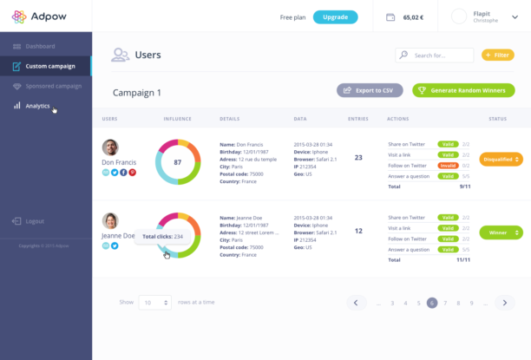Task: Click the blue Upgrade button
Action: (335, 16)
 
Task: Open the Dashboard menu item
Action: (40, 46)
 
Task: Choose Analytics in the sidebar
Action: (37, 106)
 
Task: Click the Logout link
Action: (35, 221)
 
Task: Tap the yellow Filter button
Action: (497, 56)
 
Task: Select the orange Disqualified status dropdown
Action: (501, 159)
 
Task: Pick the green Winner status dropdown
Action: (501, 232)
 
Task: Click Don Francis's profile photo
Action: (110, 147)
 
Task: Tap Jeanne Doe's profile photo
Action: (110, 220)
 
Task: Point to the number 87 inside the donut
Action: (178, 162)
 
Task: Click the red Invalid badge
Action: (448, 165)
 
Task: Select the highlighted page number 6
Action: (431, 303)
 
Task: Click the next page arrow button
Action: (505, 303)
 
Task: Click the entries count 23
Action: (358, 157)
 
